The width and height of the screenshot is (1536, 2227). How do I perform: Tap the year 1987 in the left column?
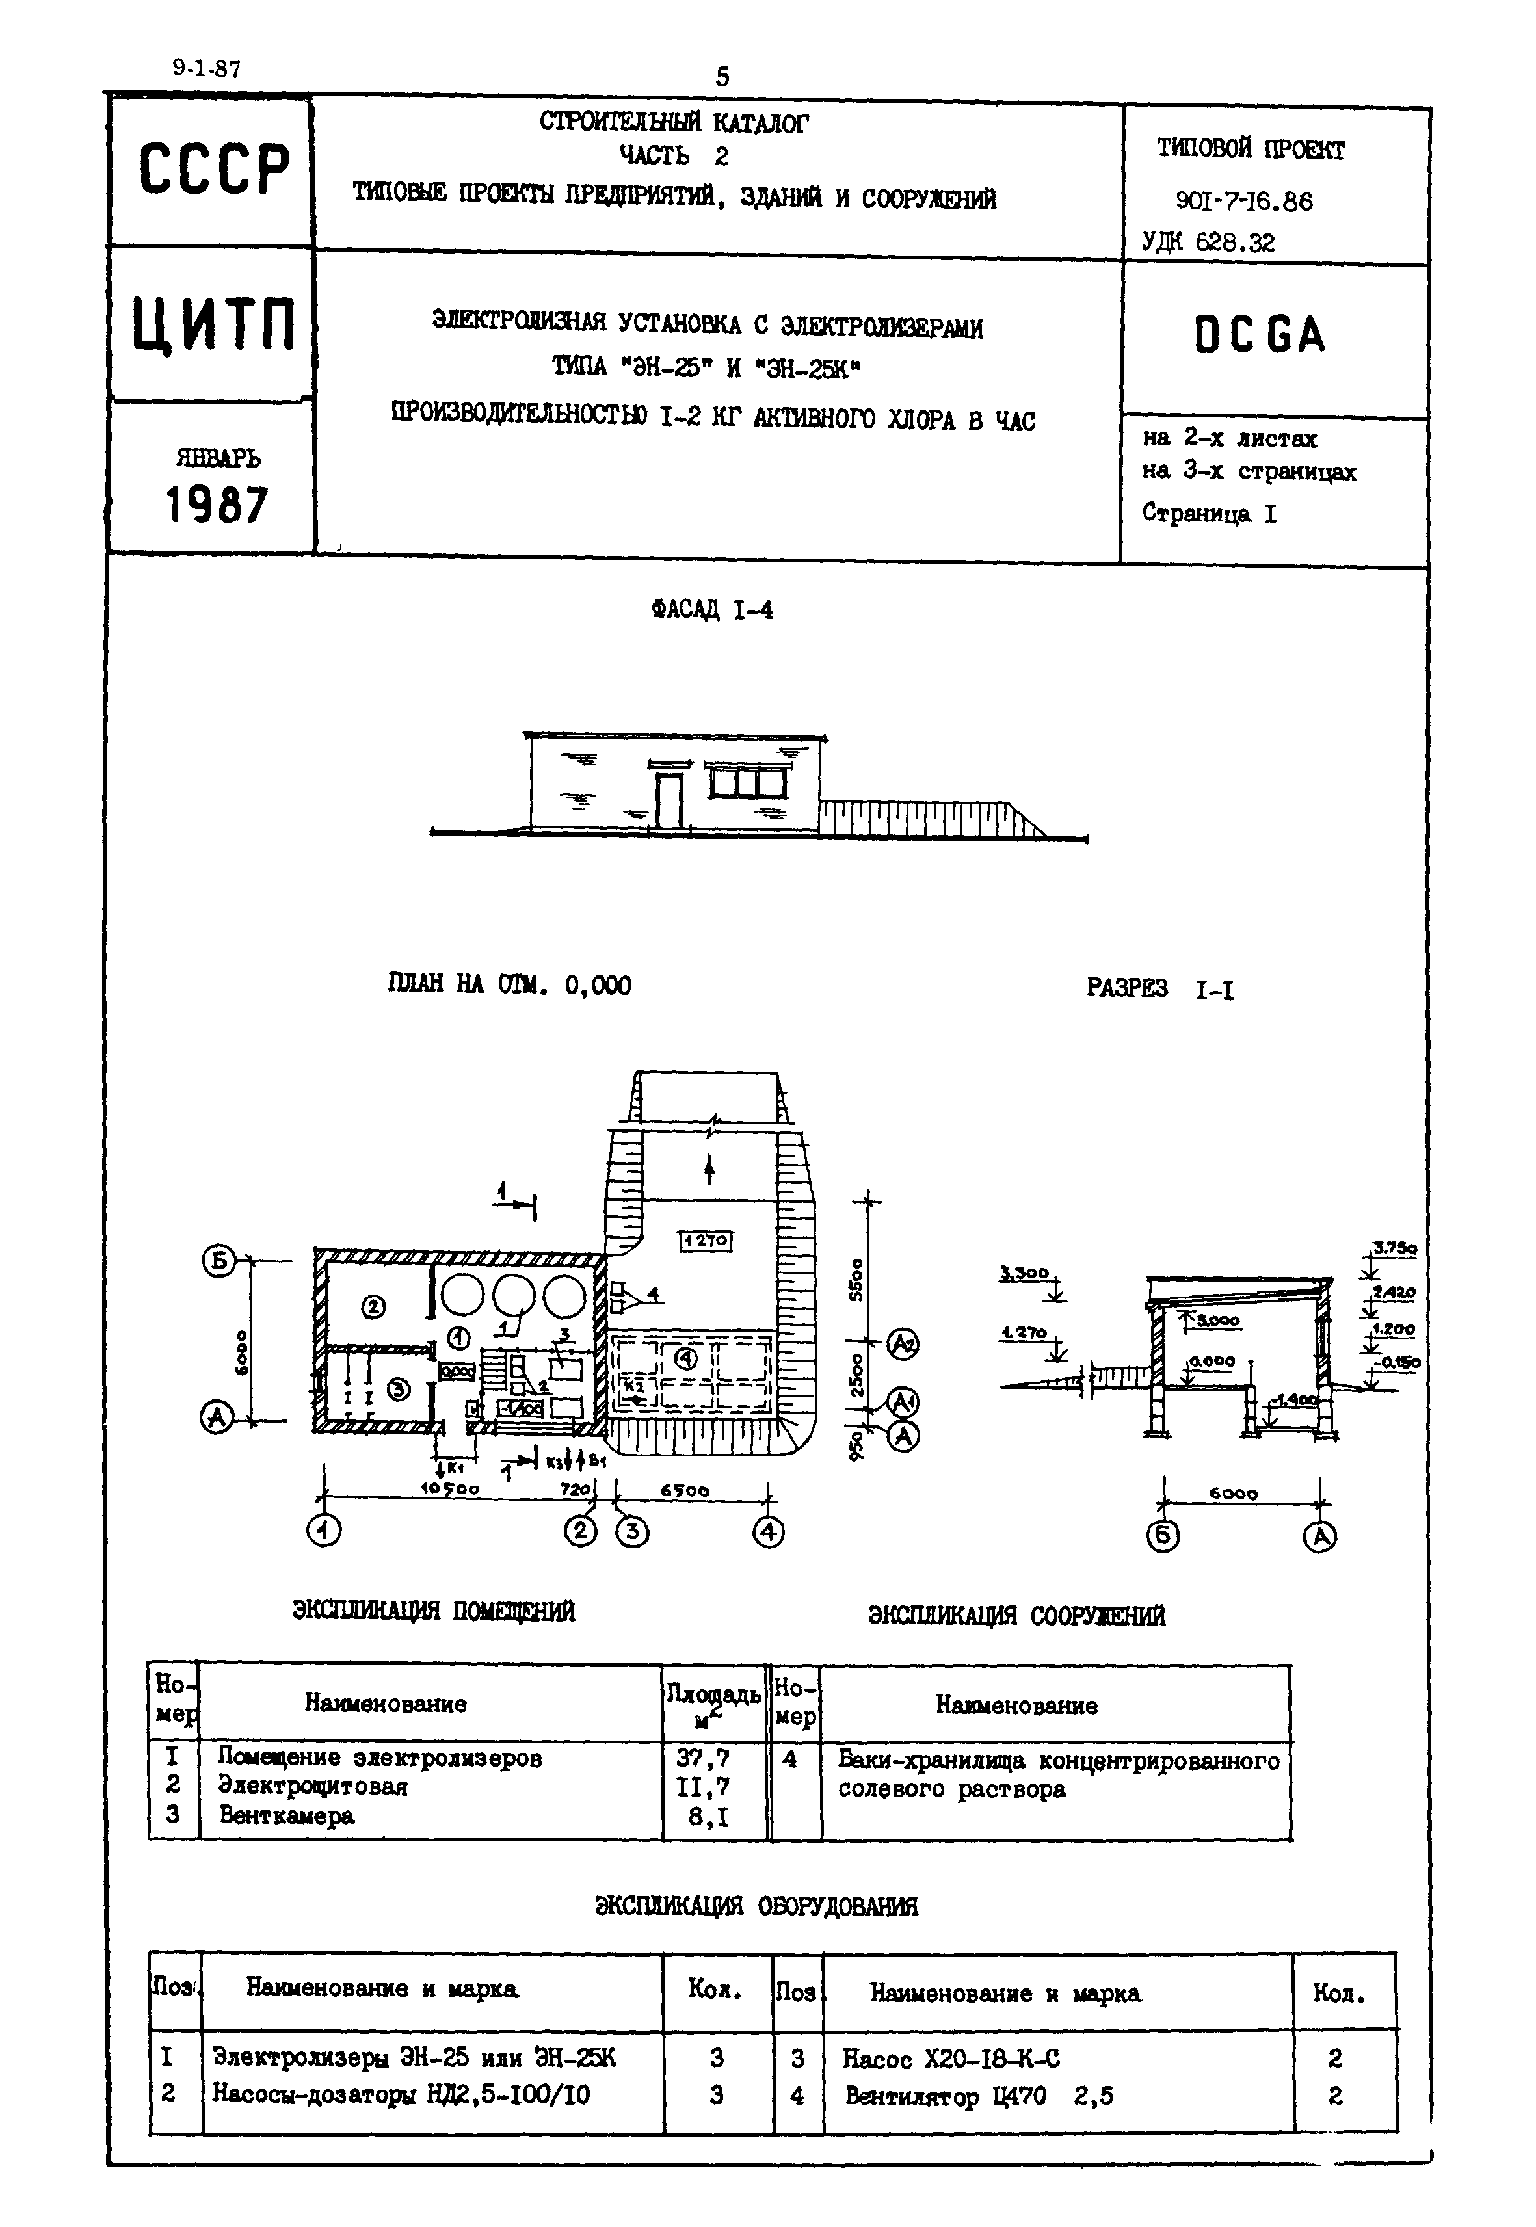217,505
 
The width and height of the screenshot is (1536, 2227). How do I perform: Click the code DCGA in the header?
1260,335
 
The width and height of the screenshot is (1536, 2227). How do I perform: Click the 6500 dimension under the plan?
685,1490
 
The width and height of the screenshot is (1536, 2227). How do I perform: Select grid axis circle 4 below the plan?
768,1531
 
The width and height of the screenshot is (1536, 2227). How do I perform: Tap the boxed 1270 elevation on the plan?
706,1241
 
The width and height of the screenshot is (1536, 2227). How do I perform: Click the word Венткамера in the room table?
286,1816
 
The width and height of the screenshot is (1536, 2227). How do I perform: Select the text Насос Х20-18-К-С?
951,2059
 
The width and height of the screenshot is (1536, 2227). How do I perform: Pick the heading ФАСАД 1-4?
711,610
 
